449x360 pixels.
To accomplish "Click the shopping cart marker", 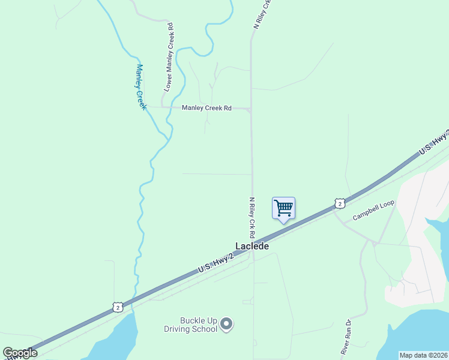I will (x=283, y=209).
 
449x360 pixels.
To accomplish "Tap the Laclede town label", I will (x=252, y=246).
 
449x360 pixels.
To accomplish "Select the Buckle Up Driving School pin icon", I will (x=226, y=325).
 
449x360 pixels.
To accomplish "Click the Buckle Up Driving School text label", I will (x=190, y=325).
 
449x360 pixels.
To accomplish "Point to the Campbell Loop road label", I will (x=373, y=210).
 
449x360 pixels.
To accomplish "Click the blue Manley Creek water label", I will (x=141, y=86).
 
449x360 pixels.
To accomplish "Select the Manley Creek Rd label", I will (x=206, y=108).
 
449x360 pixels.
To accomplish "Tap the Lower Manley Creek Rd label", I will (x=169, y=58).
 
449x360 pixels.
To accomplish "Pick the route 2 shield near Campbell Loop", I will (x=340, y=203).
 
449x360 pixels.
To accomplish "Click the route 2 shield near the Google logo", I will (x=117, y=307).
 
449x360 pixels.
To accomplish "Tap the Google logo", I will (x=20, y=353).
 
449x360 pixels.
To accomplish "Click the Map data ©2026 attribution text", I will (x=424, y=355).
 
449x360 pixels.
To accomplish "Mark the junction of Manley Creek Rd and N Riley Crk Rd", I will (x=250, y=109).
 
